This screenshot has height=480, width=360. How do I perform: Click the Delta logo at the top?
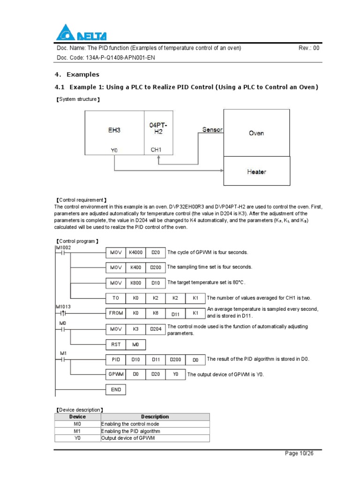81,33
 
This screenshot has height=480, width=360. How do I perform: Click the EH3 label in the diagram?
114,130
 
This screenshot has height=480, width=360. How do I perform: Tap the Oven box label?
256,133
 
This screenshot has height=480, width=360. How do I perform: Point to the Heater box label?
256,172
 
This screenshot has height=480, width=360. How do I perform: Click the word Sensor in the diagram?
212,130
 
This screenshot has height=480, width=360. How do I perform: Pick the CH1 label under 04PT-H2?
156,150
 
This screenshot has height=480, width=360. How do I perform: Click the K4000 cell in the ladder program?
136,253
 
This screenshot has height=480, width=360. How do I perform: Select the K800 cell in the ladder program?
136,283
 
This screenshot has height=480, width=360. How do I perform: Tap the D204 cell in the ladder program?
156,329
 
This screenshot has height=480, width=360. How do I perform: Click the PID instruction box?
116,360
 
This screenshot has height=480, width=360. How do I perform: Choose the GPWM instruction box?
116,375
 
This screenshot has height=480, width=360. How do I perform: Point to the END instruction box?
116,390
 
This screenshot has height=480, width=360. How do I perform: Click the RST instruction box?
116,345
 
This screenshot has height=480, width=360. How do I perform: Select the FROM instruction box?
116,312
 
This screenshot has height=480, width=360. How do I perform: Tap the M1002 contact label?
63,247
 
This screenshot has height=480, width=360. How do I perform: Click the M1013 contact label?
63,307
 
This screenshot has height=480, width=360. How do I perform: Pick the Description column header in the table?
155,417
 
